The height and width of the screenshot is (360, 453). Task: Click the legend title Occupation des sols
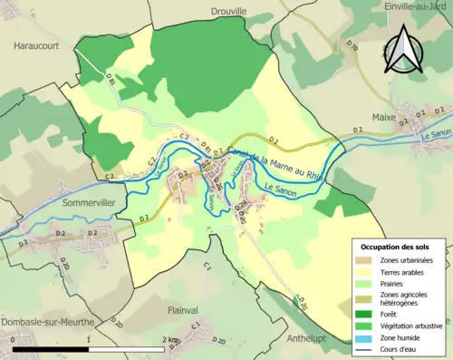(395, 248)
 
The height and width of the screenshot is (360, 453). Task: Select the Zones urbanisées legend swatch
(365, 260)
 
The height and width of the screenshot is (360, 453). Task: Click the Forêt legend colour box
(365, 314)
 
